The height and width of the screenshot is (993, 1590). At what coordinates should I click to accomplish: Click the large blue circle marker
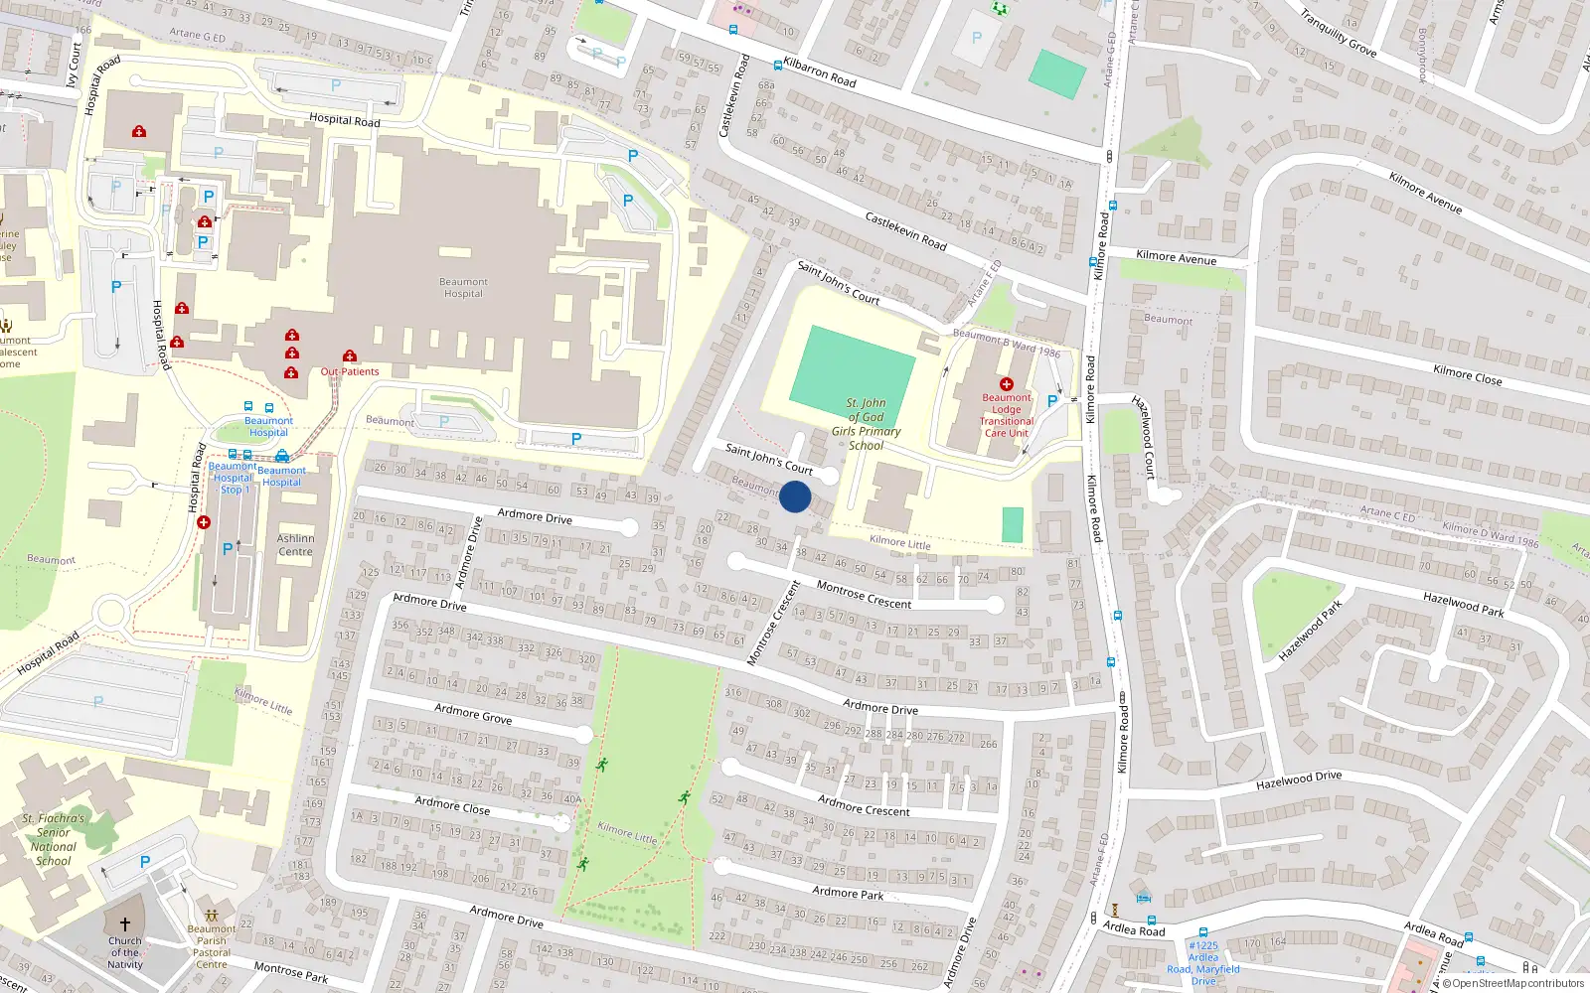click(795, 496)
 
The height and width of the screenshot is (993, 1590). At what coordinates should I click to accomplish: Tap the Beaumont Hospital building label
click(463, 288)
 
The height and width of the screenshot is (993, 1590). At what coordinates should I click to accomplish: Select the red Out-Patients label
click(350, 371)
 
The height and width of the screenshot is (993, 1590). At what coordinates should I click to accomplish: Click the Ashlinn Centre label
click(295, 545)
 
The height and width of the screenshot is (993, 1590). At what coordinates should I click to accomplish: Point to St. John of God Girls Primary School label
click(867, 424)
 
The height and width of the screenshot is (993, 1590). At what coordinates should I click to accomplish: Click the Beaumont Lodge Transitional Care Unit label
click(1007, 415)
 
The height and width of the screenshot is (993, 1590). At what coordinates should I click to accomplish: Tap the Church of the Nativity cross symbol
click(125, 923)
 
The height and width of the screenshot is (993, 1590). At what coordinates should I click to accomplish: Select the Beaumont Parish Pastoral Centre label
click(212, 946)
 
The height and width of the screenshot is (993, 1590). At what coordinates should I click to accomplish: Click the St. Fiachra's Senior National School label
click(54, 840)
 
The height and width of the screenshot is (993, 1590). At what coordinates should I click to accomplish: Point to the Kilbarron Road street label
click(820, 72)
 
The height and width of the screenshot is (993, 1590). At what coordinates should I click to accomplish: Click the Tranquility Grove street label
click(1339, 33)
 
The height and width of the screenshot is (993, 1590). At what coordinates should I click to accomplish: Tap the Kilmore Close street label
click(1468, 375)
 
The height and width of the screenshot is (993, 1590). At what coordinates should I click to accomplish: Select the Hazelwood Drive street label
click(1299, 780)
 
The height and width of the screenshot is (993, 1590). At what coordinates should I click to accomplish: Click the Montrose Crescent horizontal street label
click(864, 596)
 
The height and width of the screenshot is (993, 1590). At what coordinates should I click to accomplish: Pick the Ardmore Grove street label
click(473, 713)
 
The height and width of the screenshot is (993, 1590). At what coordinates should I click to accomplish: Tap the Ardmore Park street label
click(848, 893)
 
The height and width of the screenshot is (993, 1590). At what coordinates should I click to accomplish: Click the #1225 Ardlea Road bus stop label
click(1203, 963)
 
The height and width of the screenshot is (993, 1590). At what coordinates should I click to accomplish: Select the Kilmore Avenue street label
click(1176, 257)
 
